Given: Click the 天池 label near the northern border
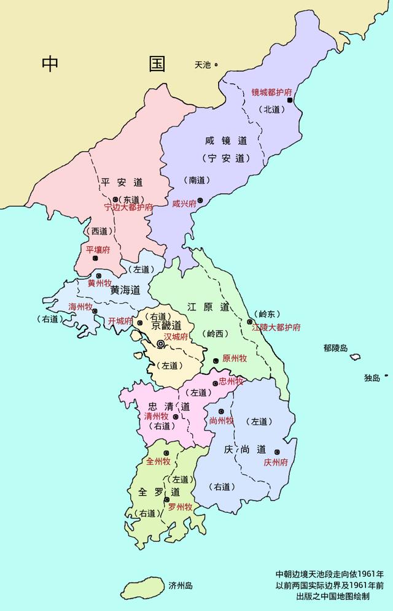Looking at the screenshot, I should tap(203, 64).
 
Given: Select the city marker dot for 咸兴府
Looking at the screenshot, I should tap(200, 201).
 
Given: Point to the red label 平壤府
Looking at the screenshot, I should tap(98, 250).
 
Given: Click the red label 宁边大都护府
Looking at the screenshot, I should tap(129, 207).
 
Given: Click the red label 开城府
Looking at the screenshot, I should tap(120, 321).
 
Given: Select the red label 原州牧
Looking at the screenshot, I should tap(235, 358).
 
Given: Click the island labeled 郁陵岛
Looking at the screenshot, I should tap(355, 356).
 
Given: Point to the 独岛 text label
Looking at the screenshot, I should tap(373, 378).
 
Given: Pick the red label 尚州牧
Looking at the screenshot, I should tap(221, 420).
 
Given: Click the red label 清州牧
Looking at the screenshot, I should tap(156, 416).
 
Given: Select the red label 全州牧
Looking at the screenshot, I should tap(158, 461).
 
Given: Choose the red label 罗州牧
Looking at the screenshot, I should tap(181, 507).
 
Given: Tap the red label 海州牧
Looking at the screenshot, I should tap(80, 306).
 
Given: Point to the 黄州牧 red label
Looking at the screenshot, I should tap(99, 283).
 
